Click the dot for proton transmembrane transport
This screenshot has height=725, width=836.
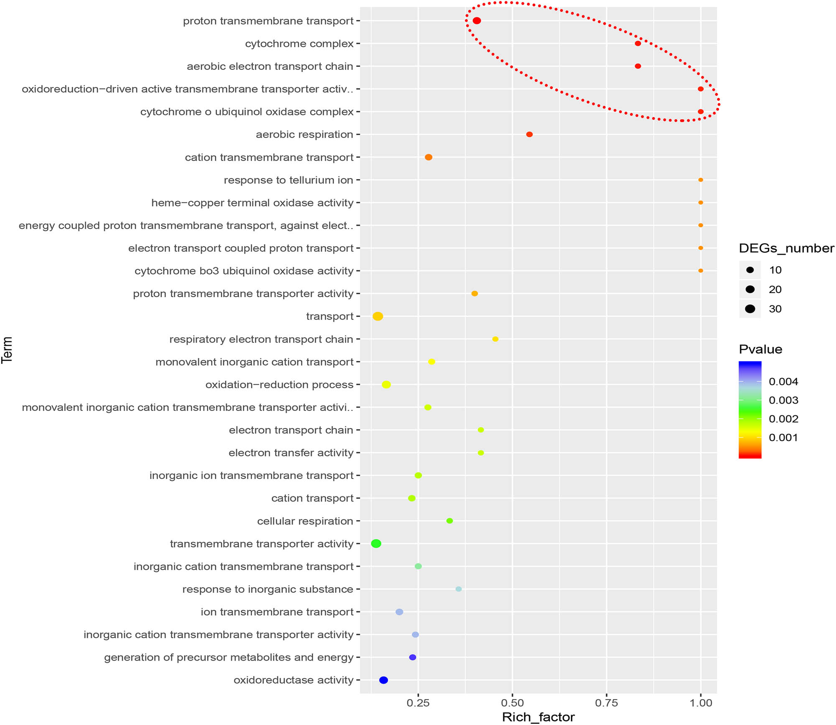point(477,21)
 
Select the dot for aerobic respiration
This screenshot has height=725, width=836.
point(529,135)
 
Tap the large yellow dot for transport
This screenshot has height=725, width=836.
point(377,316)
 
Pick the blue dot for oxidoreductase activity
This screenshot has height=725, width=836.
point(383,680)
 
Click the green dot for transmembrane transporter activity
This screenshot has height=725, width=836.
point(376,544)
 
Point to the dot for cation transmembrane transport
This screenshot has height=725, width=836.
point(428,158)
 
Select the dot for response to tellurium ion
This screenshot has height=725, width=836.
point(701,180)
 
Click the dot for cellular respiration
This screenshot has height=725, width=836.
point(449,521)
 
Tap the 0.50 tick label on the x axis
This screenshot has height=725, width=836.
point(512,703)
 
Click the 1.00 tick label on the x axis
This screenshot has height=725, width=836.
point(701,703)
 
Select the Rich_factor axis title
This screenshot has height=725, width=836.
point(538,717)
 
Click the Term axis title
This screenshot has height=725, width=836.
point(7,350)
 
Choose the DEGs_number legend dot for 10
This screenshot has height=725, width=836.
point(750,270)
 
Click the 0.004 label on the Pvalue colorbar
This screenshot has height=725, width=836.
point(783,382)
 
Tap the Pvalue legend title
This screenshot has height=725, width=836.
point(760,349)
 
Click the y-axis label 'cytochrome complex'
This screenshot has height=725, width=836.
point(299,44)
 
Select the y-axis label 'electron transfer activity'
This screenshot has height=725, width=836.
point(291,453)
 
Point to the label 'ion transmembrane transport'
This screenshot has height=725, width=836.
point(277,612)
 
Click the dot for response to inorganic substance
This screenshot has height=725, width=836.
point(459,589)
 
